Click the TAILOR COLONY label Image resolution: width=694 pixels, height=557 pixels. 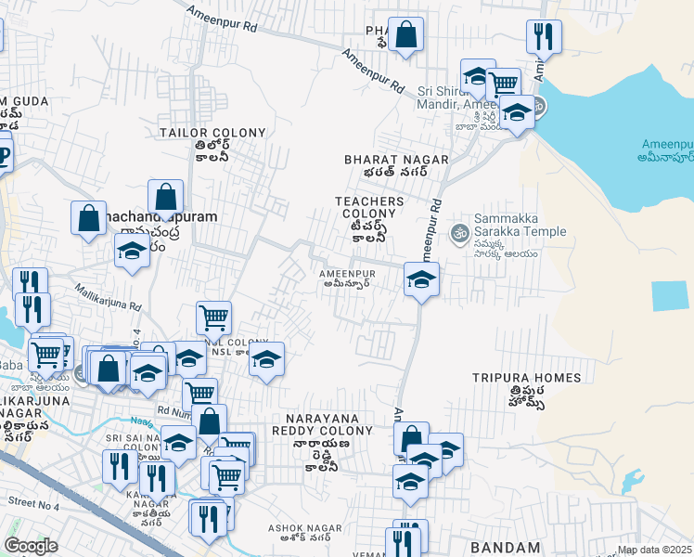[212, 133]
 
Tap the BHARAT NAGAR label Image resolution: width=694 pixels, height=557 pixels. [396, 160]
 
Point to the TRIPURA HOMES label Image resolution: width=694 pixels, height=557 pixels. [526, 378]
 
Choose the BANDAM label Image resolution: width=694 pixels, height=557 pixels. [505, 548]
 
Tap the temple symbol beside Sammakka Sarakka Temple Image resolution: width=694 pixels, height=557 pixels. [457, 232]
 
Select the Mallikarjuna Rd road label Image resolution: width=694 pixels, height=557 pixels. [108, 297]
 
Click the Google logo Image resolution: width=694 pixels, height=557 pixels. [31, 546]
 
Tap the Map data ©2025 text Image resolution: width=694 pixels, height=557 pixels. [654, 551]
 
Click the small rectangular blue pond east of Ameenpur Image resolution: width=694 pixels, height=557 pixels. [671, 295]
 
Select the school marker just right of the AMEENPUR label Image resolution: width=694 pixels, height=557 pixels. [421, 278]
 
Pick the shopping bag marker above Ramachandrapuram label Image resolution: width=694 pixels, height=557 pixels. [165, 196]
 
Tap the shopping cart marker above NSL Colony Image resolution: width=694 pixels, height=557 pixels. [213, 317]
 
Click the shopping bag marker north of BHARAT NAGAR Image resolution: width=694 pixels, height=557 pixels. [405, 34]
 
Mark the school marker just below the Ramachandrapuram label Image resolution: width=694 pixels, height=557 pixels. [132, 250]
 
